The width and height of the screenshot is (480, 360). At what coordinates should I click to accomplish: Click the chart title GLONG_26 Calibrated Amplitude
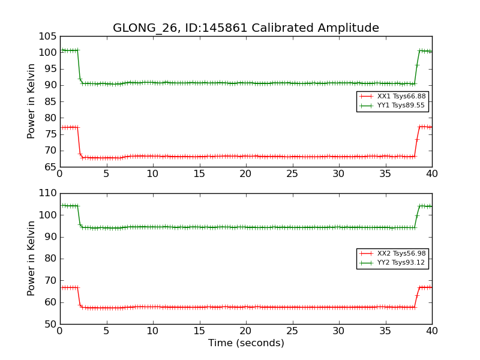[x=246, y=28]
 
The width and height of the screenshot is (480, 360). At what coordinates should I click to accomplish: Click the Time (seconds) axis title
[x=246, y=343]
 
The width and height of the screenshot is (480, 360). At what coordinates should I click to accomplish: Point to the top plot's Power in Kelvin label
[x=32, y=101]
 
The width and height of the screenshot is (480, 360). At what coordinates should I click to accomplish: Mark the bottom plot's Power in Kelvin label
[x=32, y=259]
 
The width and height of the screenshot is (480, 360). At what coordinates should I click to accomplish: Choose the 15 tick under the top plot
[x=200, y=174]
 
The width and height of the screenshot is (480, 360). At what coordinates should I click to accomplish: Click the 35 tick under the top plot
[x=386, y=174]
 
